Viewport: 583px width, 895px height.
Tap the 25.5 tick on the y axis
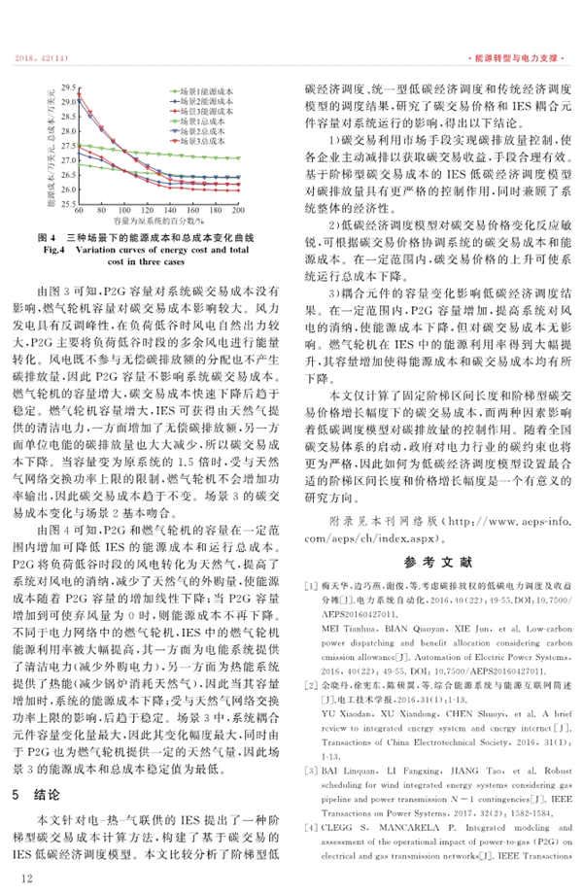(x=68, y=202)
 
